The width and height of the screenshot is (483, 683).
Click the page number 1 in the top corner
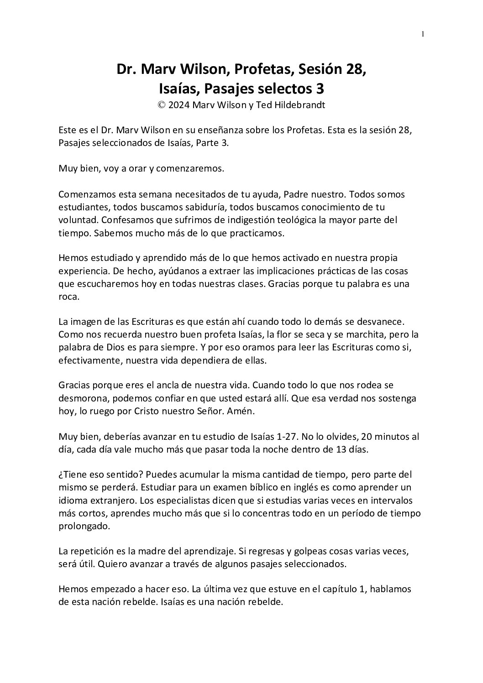click(423, 33)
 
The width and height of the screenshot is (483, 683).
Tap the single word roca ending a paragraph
click(68, 296)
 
